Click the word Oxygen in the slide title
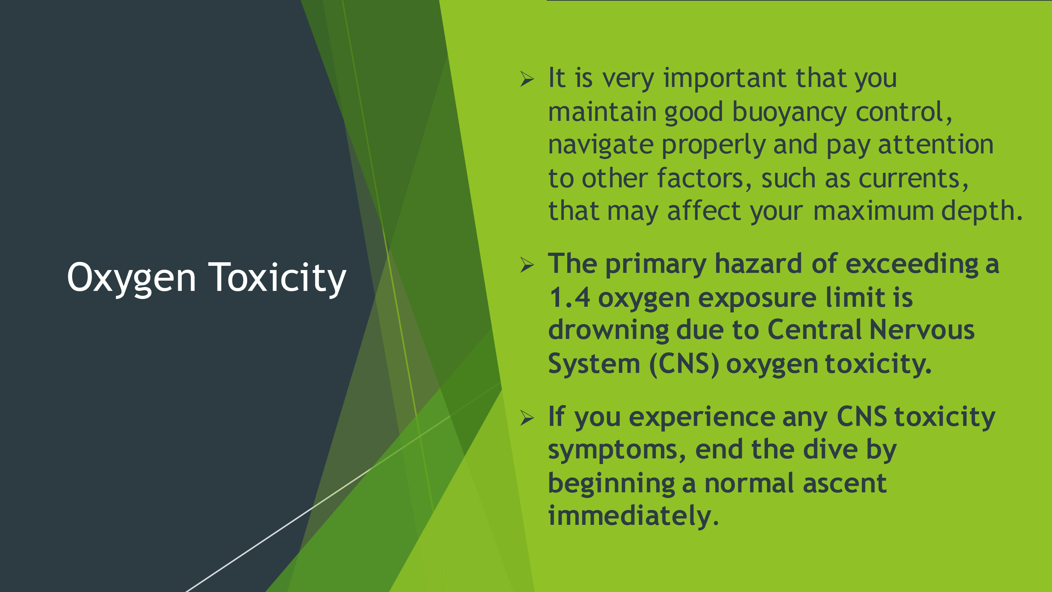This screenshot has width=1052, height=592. pos(131,279)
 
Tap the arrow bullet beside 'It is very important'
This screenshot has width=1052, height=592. pos(527,79)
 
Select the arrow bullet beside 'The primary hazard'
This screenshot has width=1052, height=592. pos(527,265)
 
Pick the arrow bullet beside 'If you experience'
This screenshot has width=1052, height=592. pos(527,418)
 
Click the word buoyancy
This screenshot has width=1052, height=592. pos(789,113)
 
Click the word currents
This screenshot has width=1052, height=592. pos(913,179)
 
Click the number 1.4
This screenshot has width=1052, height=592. pos(569,297)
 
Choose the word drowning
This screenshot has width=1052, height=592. pos(608,331)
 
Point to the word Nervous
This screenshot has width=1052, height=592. pos(922,330)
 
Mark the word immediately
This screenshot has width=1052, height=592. pos(633,516)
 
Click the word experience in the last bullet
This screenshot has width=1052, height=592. pos(702,418)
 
